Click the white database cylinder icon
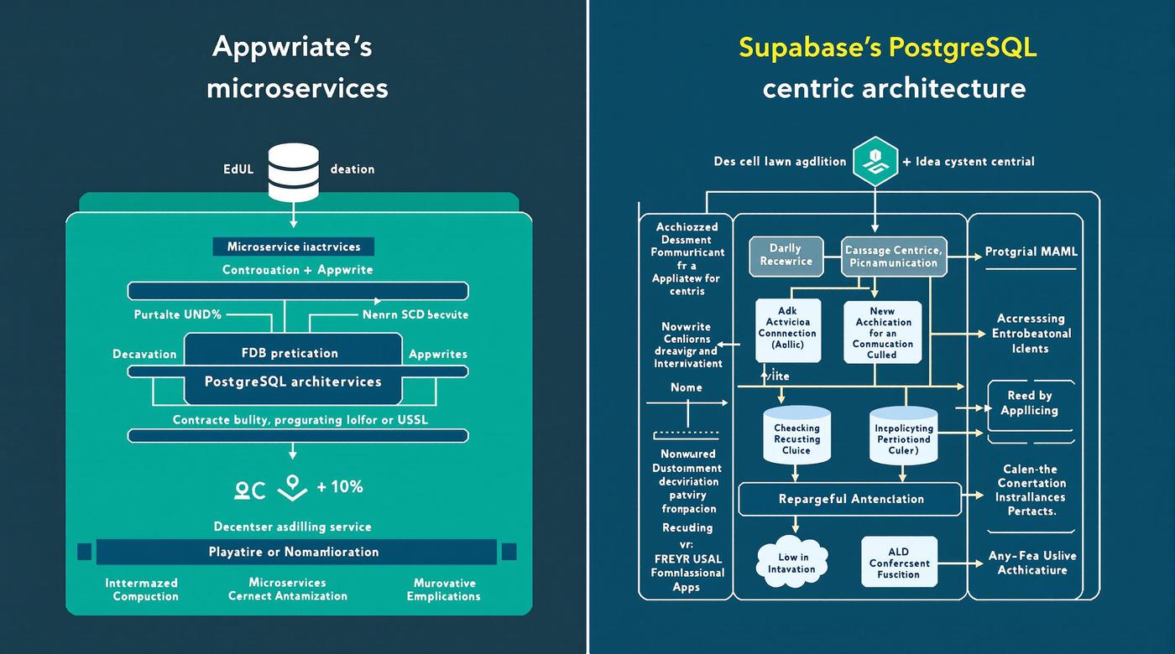pos(293,172)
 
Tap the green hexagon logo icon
pos(875,160)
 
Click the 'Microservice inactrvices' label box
pos(293,247)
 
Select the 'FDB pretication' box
pos(290,353)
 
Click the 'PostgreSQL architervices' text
pos(293,381)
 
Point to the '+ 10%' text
pos(339,487)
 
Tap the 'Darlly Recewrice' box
pos(786,255)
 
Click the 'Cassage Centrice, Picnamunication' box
pos(893,256)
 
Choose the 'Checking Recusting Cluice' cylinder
pos(796,436)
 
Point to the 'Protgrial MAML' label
pos(1031,252)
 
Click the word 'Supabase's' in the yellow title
pos(808,47)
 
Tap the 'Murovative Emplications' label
pos(444,589)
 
